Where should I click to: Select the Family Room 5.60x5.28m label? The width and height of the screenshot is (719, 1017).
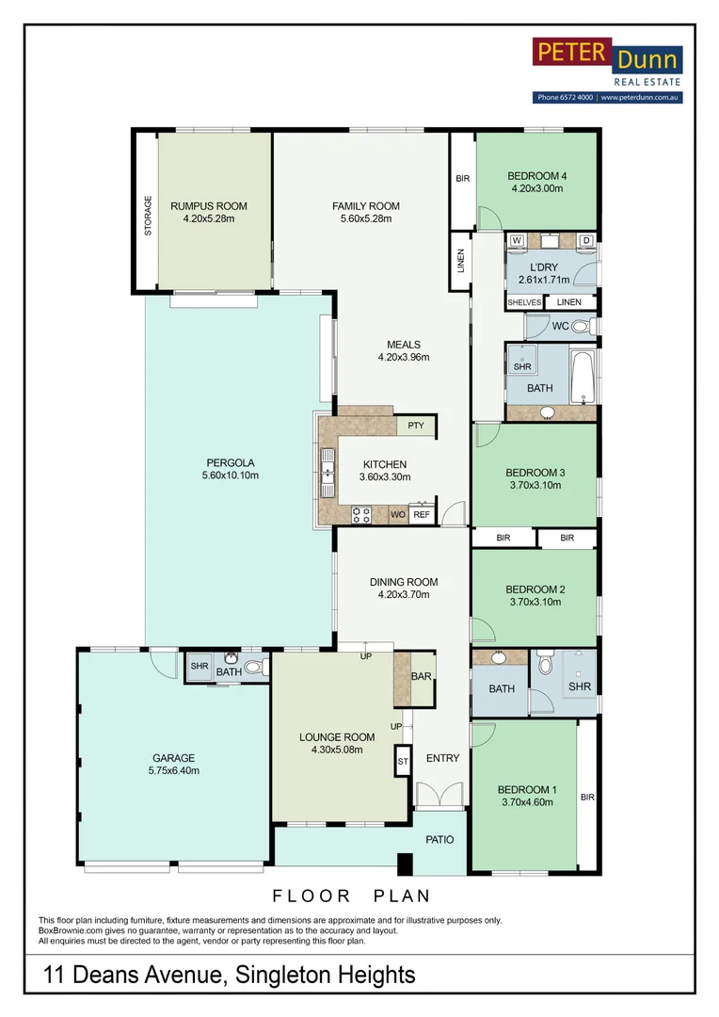point(366,212)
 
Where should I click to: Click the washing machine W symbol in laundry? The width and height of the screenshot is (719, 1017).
point(517,241)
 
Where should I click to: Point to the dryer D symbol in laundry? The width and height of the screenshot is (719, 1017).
point(586,241)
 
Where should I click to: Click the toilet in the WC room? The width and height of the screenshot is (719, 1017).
point(583,326)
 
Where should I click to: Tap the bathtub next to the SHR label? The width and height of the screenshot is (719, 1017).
point(583,377)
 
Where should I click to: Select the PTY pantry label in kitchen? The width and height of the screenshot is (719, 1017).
point(416,426)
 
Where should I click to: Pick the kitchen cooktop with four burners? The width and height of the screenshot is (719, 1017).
point(361,515)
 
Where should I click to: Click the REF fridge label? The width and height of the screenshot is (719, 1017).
point(422,514)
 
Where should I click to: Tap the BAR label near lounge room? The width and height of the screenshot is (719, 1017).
point(422,676)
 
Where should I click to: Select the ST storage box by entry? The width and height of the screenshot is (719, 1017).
point(404,762)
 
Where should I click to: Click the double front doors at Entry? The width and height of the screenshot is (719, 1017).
point(439,794)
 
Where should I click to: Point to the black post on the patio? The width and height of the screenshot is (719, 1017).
point(405,864)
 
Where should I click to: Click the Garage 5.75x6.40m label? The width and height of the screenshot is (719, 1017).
point(174,764)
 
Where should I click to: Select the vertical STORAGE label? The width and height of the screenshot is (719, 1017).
point(148,216)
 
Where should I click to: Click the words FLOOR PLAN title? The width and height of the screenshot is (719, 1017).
point(351,896)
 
